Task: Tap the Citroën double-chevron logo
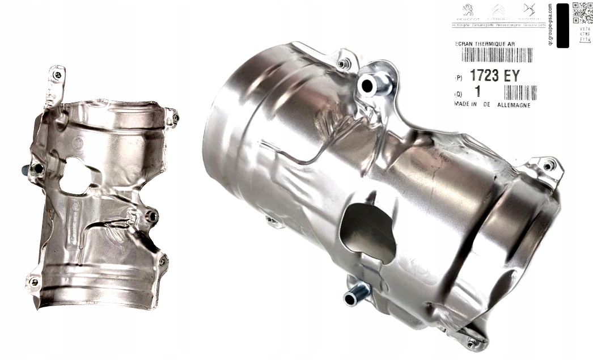click(x=499, y=11)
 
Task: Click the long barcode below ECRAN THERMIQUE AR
click(x=497, y=55)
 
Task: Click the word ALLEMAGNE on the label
click(x=514, y=105)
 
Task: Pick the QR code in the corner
click(x=581, y=12)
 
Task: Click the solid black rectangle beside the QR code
click(x=562, y=26)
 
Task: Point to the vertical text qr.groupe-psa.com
click(x=549, y=24)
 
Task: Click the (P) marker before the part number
click(x=459, y=78)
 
